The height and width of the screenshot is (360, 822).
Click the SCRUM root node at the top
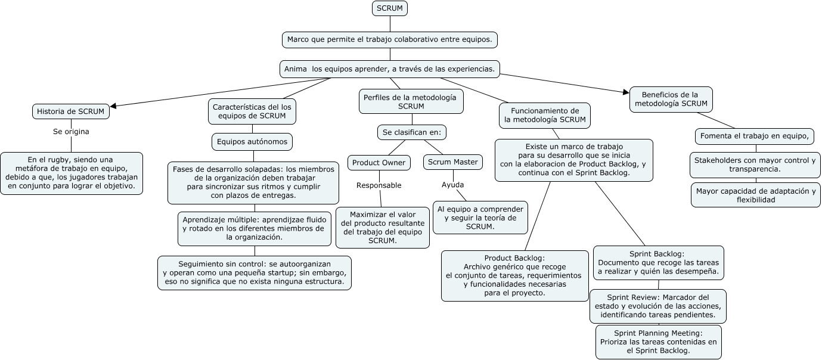390,8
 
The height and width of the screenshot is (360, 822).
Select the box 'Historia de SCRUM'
70,111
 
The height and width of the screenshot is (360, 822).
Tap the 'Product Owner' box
379,162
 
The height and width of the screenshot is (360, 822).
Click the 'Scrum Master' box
453,162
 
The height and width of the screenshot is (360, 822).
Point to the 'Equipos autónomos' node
252,142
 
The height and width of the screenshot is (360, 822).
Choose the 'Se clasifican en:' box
412,132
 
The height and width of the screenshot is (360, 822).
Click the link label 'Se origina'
71,131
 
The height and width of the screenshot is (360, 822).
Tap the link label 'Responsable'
379,185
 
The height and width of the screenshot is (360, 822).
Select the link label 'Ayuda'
452,185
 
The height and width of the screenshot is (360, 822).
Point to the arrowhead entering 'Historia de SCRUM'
114,106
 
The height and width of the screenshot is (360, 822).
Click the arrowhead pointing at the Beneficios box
626,91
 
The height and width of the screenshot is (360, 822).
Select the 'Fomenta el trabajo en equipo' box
754,136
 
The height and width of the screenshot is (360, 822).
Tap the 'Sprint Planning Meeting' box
658,342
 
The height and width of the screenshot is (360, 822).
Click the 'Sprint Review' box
658,306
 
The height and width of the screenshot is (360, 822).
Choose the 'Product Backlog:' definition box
514,275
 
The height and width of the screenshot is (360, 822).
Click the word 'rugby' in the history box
57,160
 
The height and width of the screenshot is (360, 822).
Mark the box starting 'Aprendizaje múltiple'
255,228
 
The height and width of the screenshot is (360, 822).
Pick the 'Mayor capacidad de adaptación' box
755,195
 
